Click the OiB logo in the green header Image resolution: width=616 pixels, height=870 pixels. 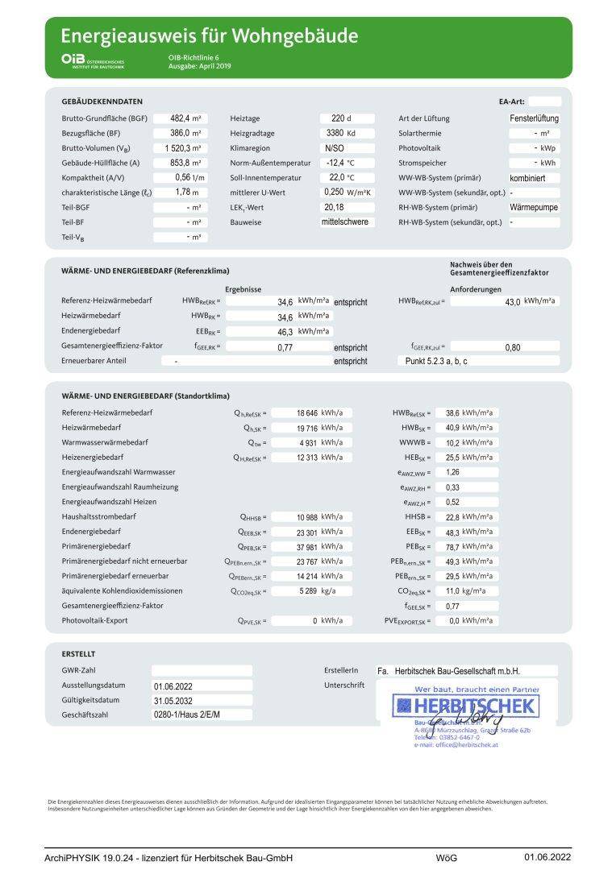tap(73, 59)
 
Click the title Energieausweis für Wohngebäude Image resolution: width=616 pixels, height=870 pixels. tap(210, 36)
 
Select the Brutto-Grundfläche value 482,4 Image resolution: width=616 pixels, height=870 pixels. tap(176, 118)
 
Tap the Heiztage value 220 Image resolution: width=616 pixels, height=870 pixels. tap(336, 118)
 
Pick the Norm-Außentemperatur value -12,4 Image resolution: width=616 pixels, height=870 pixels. tap(335, 163)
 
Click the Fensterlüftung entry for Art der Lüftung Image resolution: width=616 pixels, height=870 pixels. tap(534, 118)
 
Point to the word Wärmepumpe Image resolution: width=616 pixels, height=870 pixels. tap(534, 207)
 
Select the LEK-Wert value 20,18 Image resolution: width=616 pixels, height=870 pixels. tap(334, 207)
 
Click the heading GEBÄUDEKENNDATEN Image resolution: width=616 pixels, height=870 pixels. tap(102, 101)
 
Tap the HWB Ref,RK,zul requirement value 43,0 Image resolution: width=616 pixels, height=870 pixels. tap(512, 301)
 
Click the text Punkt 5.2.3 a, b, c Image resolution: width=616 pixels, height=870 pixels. tap(436, 362)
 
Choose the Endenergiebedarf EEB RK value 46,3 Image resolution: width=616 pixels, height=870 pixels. tap(284, 331)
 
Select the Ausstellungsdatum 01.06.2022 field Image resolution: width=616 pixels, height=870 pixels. tap(173, 686)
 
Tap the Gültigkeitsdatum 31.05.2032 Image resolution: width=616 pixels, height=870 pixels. tap(173, 701)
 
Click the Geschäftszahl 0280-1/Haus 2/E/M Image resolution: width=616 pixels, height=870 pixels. tap(186, 715)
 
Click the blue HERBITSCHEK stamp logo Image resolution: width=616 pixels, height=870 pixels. tap(465, 706)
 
